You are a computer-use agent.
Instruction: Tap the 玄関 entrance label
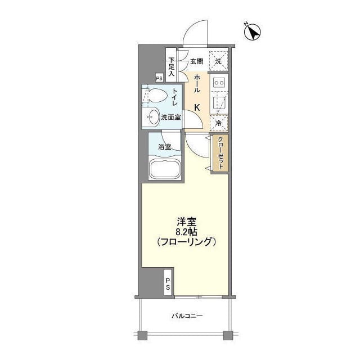click(x=196, y=61)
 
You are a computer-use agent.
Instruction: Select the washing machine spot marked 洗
click(x=218, y=61)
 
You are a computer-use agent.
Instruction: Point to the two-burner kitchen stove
click(x=218, y=83)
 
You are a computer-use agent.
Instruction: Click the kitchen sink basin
click(x=218, y=102)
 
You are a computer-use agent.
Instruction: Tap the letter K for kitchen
click(x=197, y=107)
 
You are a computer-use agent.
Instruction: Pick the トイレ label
click(x=175, y=98)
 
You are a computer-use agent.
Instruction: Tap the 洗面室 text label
click(x=170, y=118)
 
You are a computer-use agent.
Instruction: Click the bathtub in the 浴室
click(x=163, y=169)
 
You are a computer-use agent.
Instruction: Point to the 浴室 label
click(x=164, y=147)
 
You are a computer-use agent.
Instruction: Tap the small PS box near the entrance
click(x=159, y=79)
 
